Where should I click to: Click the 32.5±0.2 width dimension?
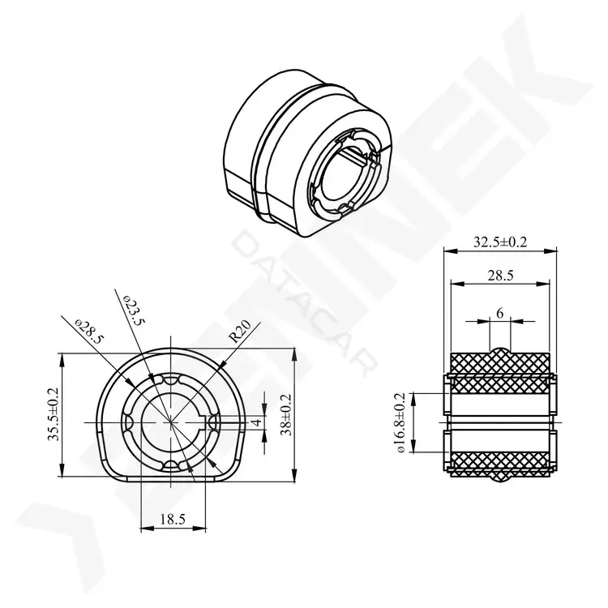(500, 242)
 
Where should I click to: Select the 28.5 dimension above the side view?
(500, 276)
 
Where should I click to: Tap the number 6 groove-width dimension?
(500, 313)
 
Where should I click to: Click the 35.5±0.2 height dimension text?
(54, 414)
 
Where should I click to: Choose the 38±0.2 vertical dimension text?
(287, 415)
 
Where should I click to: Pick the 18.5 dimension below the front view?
(173, 519)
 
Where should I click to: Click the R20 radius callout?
(241, 332)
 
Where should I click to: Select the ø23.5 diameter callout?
(134, 310)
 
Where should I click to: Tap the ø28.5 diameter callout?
(89, 332)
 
